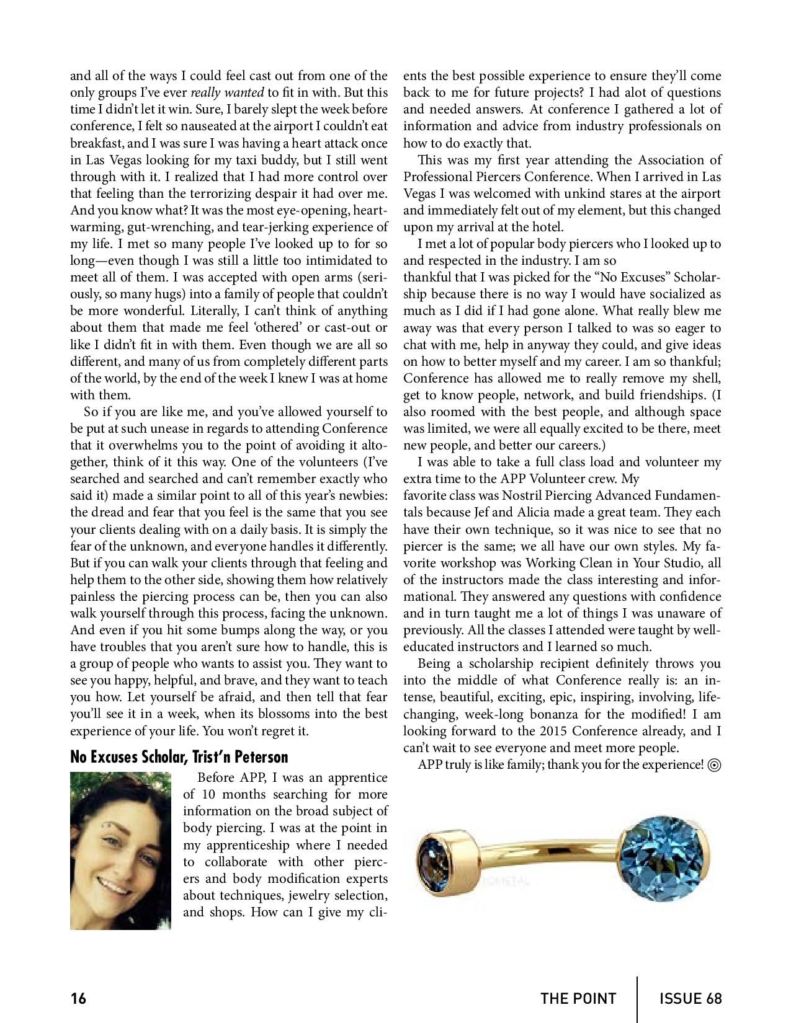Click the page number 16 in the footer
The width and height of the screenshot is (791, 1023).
click(x=78, y=999)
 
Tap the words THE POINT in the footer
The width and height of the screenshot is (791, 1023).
click(x=578, y=999)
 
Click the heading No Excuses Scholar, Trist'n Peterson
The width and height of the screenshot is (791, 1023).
click(x=179, y=757)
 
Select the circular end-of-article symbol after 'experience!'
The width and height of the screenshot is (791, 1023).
click(x=713, y=765)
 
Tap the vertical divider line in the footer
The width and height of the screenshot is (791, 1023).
click(x=638, y=999)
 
